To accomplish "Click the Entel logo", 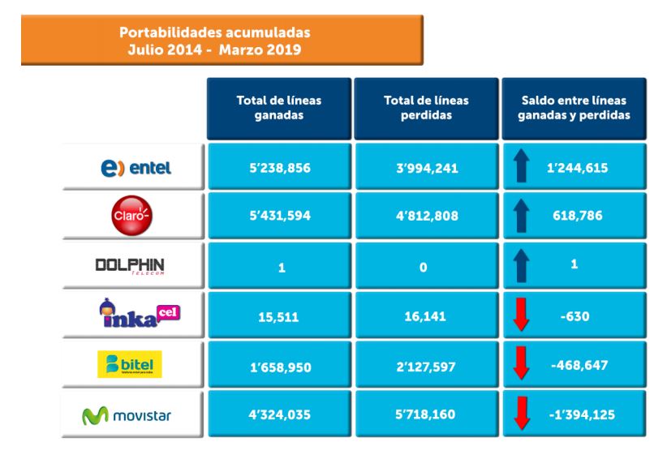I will (132, 169).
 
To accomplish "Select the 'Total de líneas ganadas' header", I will (278, 108).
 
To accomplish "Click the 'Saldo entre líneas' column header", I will (574, 108).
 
